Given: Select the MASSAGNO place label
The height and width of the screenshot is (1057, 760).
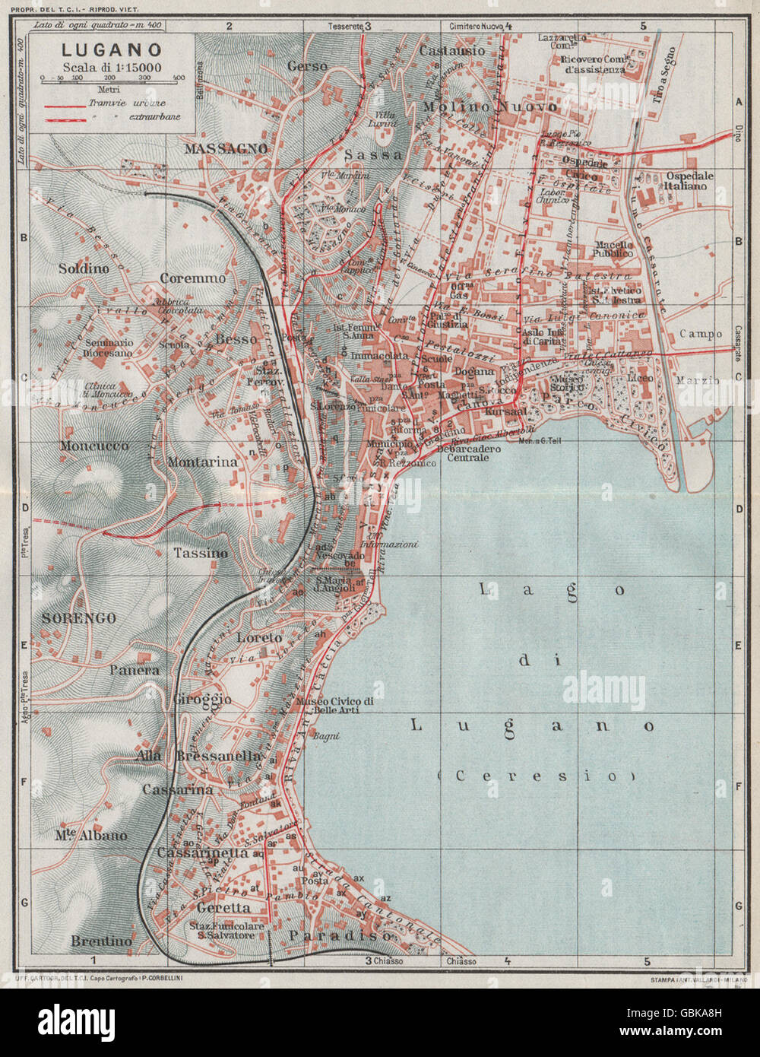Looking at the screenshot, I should click(x=226, y=148).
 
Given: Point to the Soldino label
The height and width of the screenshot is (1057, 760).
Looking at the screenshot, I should click(x=84, y=268).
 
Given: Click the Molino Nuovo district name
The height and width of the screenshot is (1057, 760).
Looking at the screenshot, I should click(x=490, y=107).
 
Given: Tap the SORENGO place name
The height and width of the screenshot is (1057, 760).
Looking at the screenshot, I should click(x=79, y=618).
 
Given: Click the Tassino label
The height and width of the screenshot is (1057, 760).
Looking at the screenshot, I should click(x=200, y=553).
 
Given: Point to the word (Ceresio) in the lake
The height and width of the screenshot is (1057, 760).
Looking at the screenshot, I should click(x=537, y=776).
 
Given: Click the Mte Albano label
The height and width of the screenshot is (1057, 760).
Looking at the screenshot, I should click(x=90, y=835).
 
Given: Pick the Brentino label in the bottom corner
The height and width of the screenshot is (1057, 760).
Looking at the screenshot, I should click(x=101, y=941).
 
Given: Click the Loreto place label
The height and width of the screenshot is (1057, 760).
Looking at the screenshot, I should click(x=259, y=637).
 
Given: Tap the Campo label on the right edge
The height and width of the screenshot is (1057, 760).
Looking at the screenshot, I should click(x=701, y=334).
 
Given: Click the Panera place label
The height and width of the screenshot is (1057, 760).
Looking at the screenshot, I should click(x=135, y=670).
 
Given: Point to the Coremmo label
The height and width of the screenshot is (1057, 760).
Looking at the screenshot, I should click(x=192, y=278).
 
